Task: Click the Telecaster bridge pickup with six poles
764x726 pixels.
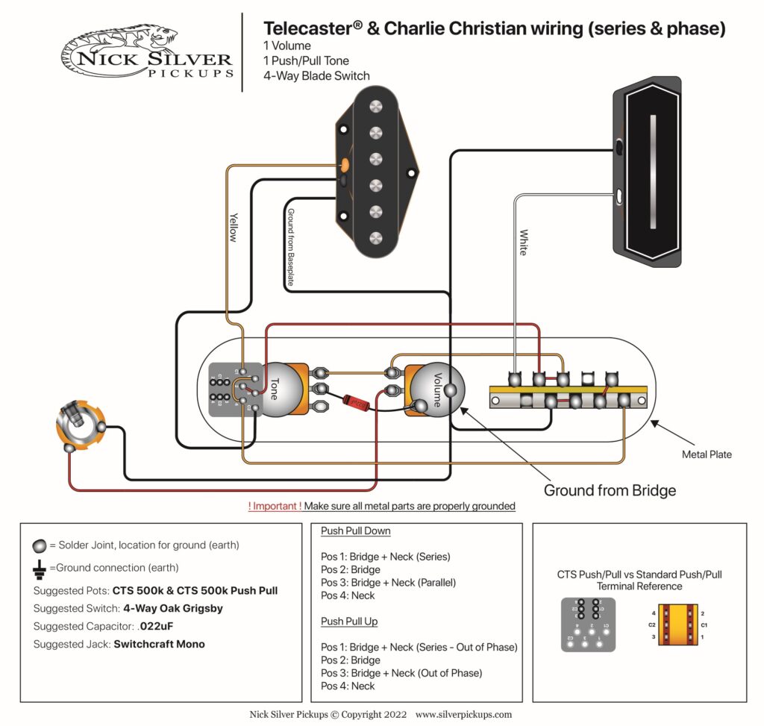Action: pos(376,172)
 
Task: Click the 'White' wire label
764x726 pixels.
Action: pos(523,242)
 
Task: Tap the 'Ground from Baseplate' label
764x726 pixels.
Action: pos(291,246)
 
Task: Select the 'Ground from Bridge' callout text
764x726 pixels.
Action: pos(610,490)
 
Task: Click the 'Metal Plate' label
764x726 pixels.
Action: pos(707,454)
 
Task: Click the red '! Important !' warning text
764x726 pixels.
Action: pos(275,506)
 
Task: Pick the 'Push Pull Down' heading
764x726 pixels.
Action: pos(355,531)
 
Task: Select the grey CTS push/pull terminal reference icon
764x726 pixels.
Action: pos(588,624)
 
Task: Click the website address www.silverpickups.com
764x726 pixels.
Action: pos(463,714)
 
